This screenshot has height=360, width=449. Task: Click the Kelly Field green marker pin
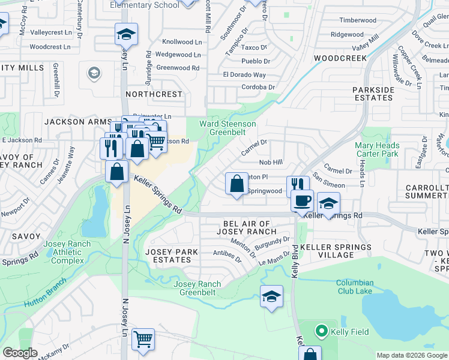321,331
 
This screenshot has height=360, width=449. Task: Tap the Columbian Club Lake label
354,287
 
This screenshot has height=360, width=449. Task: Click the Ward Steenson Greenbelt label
228,128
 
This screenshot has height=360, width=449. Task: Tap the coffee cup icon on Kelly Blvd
302,200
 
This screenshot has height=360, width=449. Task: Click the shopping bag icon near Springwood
237,184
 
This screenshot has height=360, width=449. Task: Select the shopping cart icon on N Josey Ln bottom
143,340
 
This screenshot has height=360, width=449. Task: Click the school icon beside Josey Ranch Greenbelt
271,296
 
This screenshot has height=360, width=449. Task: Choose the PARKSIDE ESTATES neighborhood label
373,94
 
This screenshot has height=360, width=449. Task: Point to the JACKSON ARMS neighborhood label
74,121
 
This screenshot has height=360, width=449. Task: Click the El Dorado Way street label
244,75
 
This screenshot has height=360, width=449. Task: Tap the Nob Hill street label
270,162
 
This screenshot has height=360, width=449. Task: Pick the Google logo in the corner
20,353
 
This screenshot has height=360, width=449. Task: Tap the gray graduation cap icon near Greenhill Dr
94,73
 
